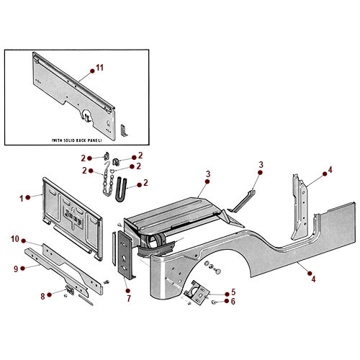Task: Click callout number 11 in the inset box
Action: pos(100,67)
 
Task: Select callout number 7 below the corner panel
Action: pos(129,297)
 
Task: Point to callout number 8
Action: pos(42,295)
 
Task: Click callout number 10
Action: pos(14,239)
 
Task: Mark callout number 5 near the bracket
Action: pos(233,293)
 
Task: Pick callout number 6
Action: pos(233,302)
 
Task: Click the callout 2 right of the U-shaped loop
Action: pos(147,183)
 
